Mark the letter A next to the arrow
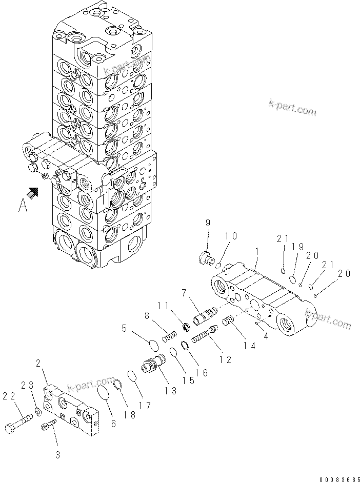point(23,206)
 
